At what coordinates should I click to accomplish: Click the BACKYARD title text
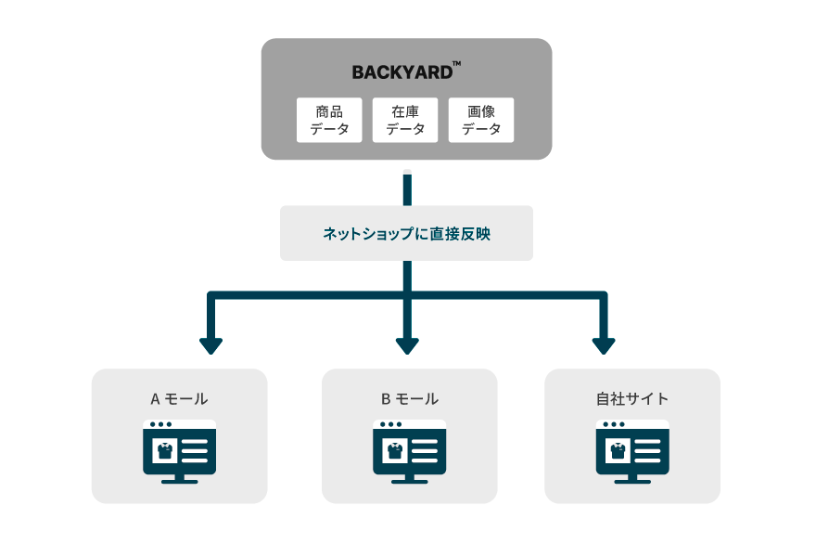[401, 72]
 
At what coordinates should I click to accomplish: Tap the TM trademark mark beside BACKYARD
[456, 64]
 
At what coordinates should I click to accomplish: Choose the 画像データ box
[481, 120]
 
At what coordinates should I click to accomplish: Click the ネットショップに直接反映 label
[406, 233]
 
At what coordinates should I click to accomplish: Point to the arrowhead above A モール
[210, 345]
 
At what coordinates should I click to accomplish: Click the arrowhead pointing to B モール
[407, 345]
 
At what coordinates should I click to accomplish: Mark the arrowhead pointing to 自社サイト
[604, 345]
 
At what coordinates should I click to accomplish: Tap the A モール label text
[179, 399]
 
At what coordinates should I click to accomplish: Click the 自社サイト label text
[631, 399]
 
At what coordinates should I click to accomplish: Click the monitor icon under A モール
[179, 451]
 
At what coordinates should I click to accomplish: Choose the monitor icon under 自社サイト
[631, 451]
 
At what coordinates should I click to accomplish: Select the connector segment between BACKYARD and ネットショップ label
[406, 188]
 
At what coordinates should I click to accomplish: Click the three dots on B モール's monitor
[387, 424]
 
